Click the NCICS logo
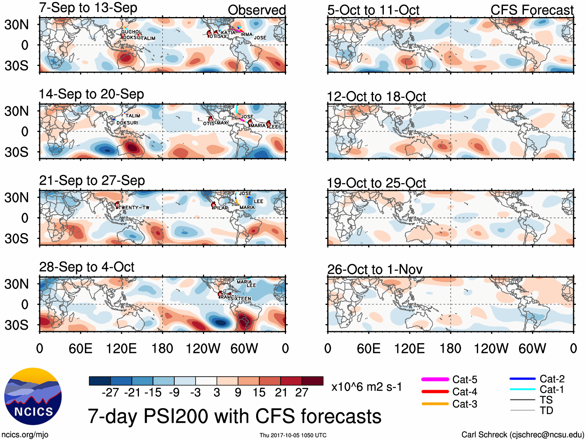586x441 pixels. pyautogui.click(x=33, y=396)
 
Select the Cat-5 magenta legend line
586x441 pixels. pyautogui.click(x=435, y=379)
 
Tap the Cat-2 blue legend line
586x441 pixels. pyautogui.click(x=522, y=379)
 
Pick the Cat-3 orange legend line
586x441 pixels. pyautogui.click(x=435, y=404)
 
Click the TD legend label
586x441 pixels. pyautogui.click(x=546, y=410)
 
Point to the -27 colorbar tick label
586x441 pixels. pyautogui.click(x=110, y=393)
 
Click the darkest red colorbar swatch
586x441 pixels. pyautogui.click(x=312, y=381)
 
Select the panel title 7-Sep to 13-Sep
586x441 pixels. pyautogui.click(x=88, y=8)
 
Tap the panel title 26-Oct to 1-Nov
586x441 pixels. pyautogui.click(x=374, y=269)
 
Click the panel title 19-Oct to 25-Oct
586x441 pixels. pyautogui.click(x=376, y=183)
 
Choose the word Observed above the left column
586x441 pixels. pyautogui.click(x=257, y=10)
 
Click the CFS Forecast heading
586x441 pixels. pyautogui.click(x=532, y=10)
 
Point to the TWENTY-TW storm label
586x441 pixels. pyautogui.click(x=134, y=208)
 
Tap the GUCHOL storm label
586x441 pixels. pyautogui.click(x=131, y=32)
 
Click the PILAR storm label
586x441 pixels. pyautogui.click(x=221, y=208)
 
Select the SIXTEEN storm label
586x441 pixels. pyautogui.click(x=241, y=299)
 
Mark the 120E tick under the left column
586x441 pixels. pyautogui.click(x=121, y=348)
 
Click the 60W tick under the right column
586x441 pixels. pyautogui.click(x=532, y=348)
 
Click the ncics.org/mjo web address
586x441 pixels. pyautogui.click(x=25, y=435)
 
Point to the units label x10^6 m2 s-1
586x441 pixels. pyautogui.click(x=366, y=387)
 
